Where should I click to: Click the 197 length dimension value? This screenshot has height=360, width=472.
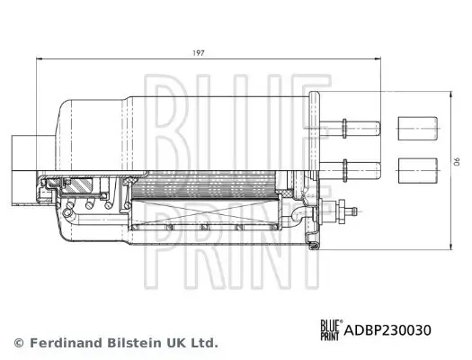199,53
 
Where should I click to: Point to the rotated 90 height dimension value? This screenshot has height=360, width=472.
456,163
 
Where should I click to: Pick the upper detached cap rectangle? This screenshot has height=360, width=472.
414,127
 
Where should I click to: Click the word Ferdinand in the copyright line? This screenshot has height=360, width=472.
66,343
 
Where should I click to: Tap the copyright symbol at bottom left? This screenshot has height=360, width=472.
18,343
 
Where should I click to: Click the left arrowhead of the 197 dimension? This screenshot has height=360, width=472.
39,59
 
